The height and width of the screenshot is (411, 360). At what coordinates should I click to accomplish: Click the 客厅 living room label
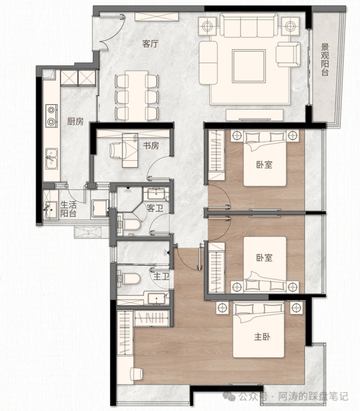point(150,43)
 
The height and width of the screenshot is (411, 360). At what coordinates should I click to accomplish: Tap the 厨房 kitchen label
point(75,121)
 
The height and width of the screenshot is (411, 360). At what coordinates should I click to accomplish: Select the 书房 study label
point(151,146)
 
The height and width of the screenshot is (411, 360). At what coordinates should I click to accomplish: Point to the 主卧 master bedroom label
point(262,336)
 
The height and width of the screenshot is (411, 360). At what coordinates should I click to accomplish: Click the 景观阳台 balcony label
point(325,60)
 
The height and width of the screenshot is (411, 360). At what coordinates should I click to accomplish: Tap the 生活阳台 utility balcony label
point(68,209)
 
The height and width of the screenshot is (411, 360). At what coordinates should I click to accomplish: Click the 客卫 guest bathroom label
point(155,208)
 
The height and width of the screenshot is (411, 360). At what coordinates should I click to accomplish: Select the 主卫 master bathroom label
point(161,276)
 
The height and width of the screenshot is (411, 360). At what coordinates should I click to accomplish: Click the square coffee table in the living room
point(249,66)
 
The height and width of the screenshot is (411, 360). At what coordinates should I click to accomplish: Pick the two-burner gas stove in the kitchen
point(51,116)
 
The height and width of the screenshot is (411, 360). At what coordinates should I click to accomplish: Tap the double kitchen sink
point(52,159)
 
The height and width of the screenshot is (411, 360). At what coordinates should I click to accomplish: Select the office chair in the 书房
point(116,150)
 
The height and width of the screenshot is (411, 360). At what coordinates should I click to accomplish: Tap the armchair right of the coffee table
point(288,55)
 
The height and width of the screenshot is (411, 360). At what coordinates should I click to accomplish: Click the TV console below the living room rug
point(254,115)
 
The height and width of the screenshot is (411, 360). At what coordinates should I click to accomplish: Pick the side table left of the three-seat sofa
point(207,26)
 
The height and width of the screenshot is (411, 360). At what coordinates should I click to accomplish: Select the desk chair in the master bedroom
point(136,374)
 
